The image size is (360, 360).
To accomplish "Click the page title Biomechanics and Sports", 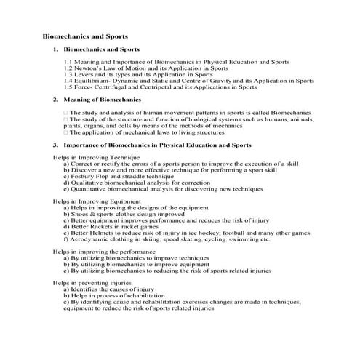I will tap(86, 35).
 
